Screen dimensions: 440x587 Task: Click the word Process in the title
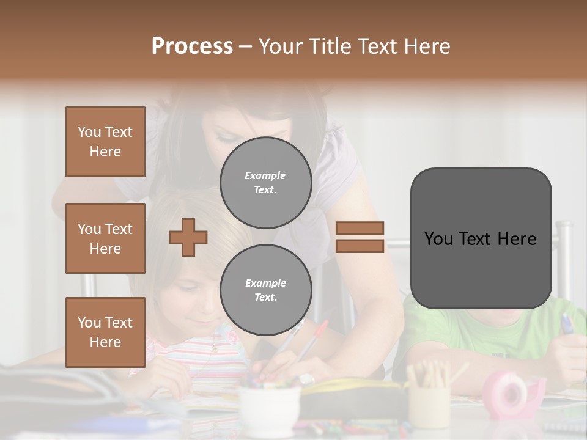(x=192, y=46)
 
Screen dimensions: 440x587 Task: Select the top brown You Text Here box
(x=105, y=142)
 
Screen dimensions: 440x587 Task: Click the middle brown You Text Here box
(x=105, y=238)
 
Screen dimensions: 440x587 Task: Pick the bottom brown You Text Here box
(x=105, y=332)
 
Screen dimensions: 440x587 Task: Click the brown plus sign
(x=188, y=237)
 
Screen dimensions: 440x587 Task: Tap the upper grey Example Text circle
(x=265, y=183)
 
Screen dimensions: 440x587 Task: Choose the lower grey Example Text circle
(x=265, y=290)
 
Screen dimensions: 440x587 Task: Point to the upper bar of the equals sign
(x=360, y=228)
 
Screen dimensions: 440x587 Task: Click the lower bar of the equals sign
(x=360, y=246)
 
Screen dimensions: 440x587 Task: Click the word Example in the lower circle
(x=265, y=283)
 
